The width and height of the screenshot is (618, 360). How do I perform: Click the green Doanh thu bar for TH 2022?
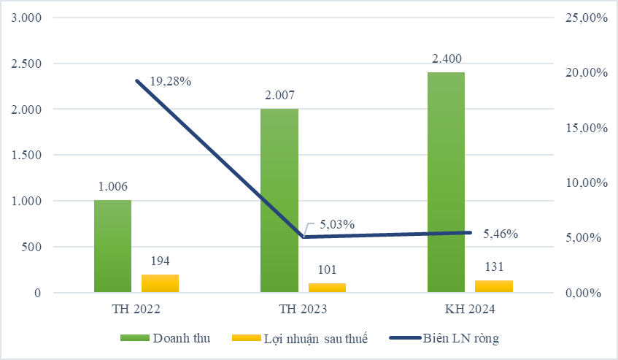[112, 246]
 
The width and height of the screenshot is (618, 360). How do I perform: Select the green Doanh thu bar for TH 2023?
[279, 201]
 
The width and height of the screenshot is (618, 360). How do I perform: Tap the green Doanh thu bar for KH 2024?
[446, 183]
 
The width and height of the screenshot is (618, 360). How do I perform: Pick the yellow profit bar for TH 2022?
[160, 283]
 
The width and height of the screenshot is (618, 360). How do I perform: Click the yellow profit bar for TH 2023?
[327, 288]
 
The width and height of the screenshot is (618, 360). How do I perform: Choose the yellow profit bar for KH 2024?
[494, 286]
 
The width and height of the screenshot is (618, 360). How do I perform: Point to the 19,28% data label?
[171, 81]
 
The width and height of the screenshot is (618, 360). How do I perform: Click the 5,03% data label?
[335, 224]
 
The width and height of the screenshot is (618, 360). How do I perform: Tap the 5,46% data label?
[501, 234]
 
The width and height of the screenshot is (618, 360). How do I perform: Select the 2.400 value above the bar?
[447, 58]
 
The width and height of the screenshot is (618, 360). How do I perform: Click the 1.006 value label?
[113, 187]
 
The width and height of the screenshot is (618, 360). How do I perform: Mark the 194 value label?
[160, 261]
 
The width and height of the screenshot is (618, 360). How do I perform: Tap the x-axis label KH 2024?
[470, 310]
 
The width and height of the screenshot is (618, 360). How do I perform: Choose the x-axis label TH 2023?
[303, 310]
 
